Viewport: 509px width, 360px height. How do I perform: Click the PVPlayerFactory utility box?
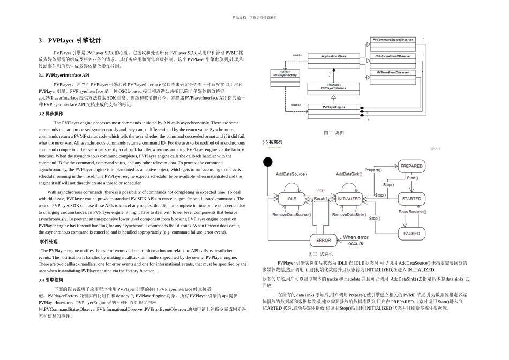click(x=285, y=75)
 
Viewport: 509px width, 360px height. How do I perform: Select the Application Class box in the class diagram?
click(x=333, y=56)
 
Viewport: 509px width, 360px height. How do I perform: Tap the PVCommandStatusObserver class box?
click(x=393, y=40)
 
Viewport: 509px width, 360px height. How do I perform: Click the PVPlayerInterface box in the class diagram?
click(x=333, y=87)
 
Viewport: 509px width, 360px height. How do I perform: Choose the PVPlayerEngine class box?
click(x=333, y=108)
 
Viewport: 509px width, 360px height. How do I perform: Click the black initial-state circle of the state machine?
click(x=268, y=162)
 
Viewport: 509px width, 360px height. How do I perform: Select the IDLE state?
click(x=291, y=198)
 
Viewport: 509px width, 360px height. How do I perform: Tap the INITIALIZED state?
click(x=349, y=198)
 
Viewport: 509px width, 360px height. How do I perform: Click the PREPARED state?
click(x=411, y=167)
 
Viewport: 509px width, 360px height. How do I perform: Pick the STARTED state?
click(x=411, y=198)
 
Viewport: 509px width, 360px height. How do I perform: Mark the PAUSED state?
click(x=411, y=234)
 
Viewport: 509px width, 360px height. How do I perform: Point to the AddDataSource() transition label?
click(x=291, y=174)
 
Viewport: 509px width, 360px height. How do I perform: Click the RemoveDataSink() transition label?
click(x=349, y=214)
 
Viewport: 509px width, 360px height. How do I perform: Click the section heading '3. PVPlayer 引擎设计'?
click(x=70, y=40)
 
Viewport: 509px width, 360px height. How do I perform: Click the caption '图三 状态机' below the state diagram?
click(x=320, y=253)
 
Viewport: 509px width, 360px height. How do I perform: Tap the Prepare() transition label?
click(x=373, y=169)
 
